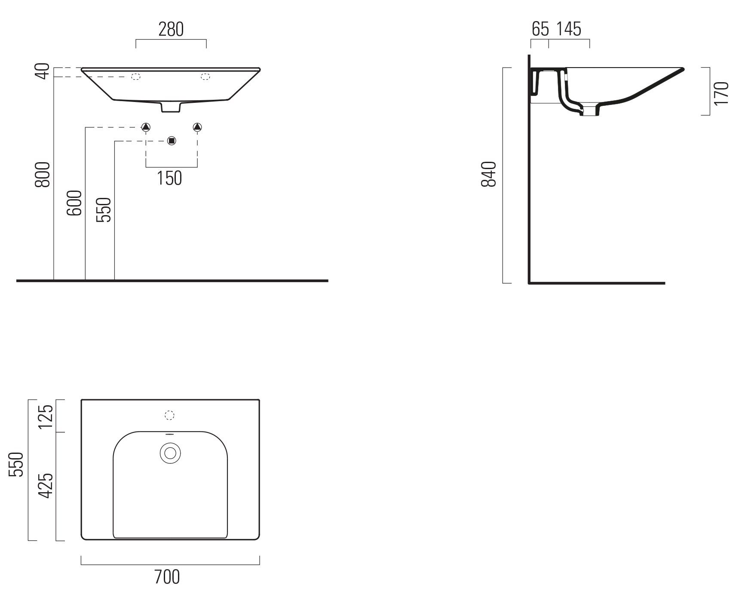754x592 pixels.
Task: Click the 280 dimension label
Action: click(171, 30)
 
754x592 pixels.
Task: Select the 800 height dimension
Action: click(43, 175)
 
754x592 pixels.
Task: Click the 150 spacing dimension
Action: click(170, 178)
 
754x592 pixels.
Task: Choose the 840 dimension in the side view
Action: click(490, 174)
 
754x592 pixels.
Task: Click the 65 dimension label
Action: click(540, 29)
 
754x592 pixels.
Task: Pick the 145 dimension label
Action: click(569, 29)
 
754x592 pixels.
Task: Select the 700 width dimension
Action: click(168, 577)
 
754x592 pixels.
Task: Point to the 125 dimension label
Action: click(46, 416)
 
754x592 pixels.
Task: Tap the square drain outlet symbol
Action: click(172, 141)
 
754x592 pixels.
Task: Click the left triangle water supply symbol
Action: click(146, 127)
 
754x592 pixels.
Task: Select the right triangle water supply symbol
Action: click(197, 127)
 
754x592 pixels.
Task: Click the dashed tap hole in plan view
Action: click(170, 415)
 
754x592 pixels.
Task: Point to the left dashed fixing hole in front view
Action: click(136, 77)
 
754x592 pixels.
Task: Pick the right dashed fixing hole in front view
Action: click(205, 77)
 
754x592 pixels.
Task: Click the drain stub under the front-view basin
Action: click(171, 108)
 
